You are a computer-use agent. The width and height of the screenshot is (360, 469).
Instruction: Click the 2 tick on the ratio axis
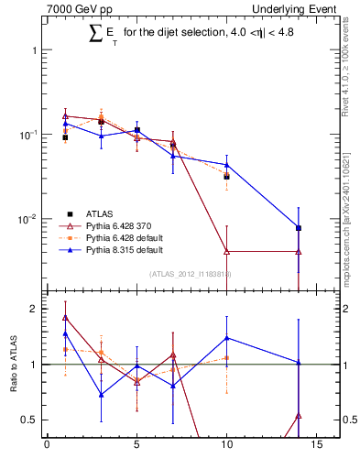click(x=34, y=309)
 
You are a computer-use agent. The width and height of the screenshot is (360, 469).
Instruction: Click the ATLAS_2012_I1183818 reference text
click(x=190, y=274)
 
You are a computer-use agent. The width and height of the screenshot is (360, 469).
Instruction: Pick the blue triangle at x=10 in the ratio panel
click(x=226, y=338)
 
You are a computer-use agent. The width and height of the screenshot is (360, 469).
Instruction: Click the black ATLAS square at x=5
click(x=136, y=130)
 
